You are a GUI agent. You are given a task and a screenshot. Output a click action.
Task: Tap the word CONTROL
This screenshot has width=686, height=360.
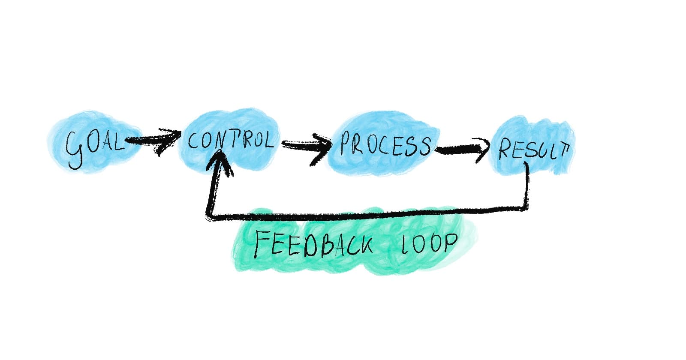(x=230, y=140)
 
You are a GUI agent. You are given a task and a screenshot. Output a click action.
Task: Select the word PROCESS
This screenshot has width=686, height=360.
(x=385, y=144)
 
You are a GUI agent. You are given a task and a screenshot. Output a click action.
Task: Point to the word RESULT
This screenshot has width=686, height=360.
(x=534, y=150)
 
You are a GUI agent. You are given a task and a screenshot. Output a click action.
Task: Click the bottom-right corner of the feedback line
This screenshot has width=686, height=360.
(x=527, y=209)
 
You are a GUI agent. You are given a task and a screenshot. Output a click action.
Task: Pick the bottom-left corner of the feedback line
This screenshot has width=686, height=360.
(x=209, y=218)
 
